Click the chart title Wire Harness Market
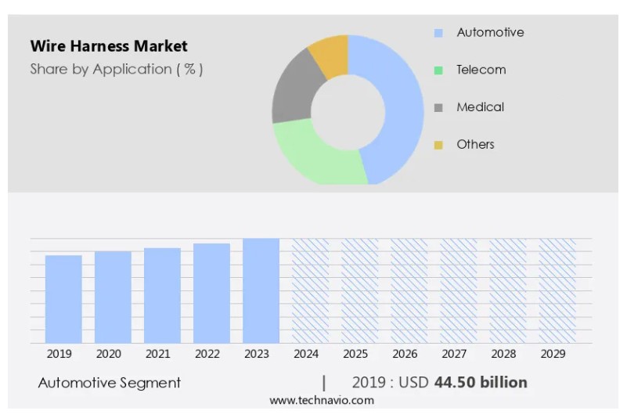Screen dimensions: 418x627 tap(109, 46)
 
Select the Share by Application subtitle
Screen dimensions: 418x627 tap(117, 69)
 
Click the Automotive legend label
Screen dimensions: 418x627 tap(490, 32)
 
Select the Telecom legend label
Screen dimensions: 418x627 tap(481, 70)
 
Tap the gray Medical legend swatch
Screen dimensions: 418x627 tap(438, 107)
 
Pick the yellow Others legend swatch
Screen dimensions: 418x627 tap(438, 145)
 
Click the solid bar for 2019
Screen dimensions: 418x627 tap(63, 299)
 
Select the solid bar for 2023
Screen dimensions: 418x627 tap(261, 290)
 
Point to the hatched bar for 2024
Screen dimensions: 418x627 tap(310, 290)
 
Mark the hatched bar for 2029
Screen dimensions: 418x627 tap(557, 290)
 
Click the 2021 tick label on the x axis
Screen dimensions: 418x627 tap(157, 354)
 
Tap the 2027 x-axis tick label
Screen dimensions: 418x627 tap(454, 354)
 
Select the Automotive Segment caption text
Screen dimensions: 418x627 tap(110, 383)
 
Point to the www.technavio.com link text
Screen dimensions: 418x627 tap(322, 400)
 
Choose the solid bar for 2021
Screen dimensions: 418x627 tap(162, 295)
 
